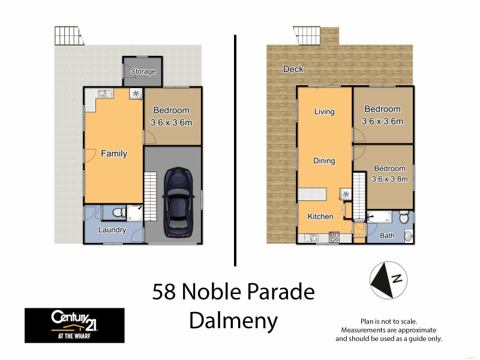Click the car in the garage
tap(178, 202)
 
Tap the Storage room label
tap(143, 71)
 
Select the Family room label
tap(114, 154)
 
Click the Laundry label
tap(112, 230)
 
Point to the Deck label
tap(293, 69)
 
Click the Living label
tap(324, 112)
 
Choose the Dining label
tap(324, 161)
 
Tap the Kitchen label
tap(320, 216)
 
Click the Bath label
tap(388, 236)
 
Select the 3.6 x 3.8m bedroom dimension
tap(390, 179)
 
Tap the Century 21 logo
tap(74, 325)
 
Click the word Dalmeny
tap(233, 321)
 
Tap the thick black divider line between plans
tap(234, 150)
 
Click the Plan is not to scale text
tap(388, 322)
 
